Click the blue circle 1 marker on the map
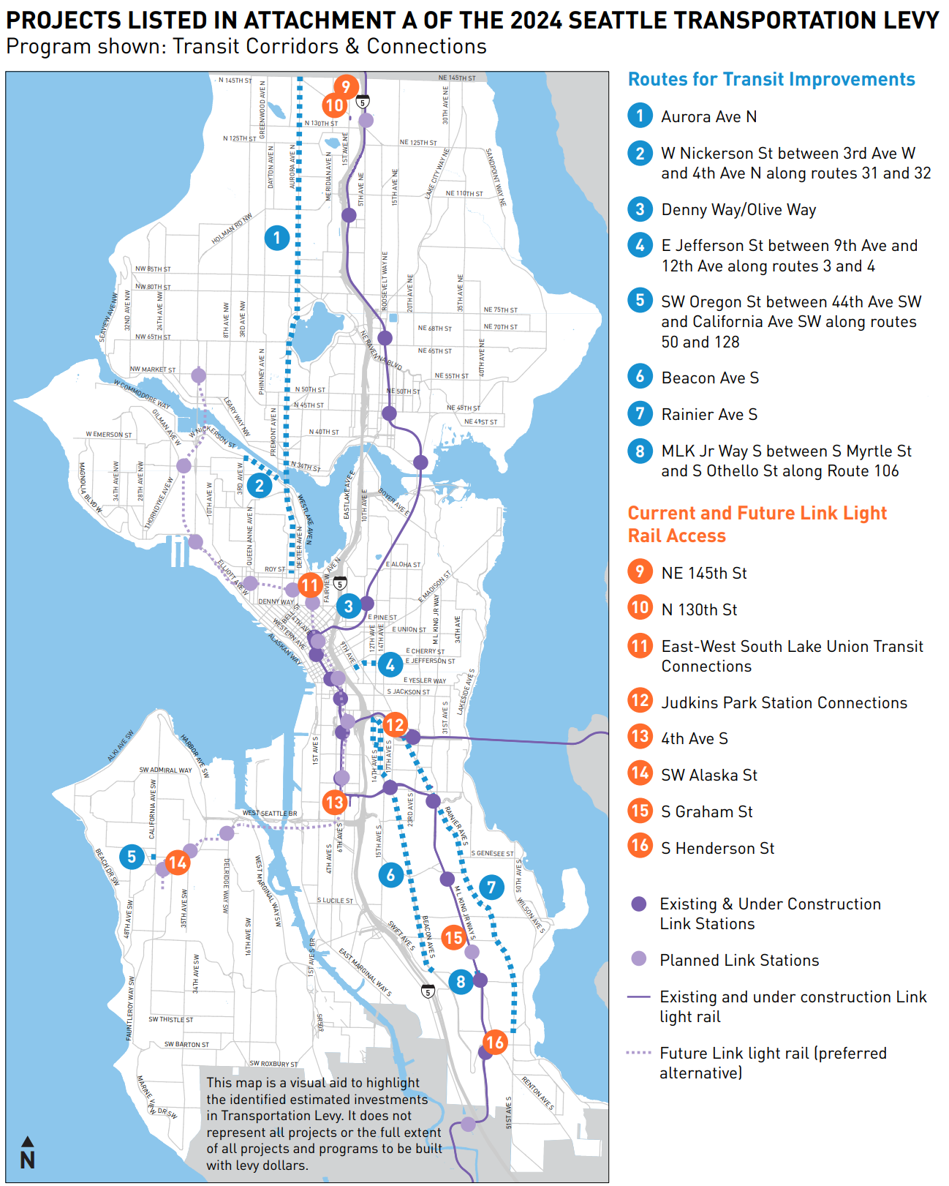point(276,238)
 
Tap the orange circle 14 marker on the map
point(178,863)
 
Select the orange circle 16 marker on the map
point(495,1042)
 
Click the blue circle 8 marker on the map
point(461,981)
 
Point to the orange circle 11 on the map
point(309,585)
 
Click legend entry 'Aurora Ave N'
point(708,117)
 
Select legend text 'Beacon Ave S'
point(709,378)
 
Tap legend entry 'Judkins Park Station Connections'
point(784,703)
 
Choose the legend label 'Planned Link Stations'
point(738,961)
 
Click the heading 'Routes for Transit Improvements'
point(771,80)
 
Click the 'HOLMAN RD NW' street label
point(232,229)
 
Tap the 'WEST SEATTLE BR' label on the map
point(270,814)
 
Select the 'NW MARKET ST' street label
point(153,369)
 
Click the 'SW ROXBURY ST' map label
point(274,1064)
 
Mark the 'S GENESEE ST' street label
point(492,853)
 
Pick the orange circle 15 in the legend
point(640,811)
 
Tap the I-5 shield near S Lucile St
point(428,991)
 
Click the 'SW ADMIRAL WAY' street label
point(166,770)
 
